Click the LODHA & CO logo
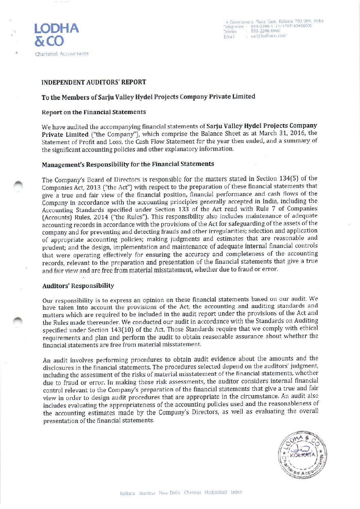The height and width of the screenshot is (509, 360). click(x=56, y=34)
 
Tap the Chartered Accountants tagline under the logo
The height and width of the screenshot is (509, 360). click(x=62, y=54)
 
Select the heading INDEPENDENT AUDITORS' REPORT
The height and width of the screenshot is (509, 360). click(x=94, y=82)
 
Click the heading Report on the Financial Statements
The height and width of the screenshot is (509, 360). click(x=94, y=112)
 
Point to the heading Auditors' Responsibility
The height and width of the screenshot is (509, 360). click(x=78, y=286)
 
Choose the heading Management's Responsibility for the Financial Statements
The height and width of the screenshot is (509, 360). click(x=128, y=164)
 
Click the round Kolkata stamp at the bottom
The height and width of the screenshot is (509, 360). click(x=302, y=454)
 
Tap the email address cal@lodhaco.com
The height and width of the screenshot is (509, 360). click(x=268, y=36)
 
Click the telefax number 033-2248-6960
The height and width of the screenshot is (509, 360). click(x=265, y=31)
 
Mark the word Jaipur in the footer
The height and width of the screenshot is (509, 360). click(x=236, y=492)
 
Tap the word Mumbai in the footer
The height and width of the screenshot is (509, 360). click(x=147, y=493)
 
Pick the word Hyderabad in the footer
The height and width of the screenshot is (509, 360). click(x=215, y=492)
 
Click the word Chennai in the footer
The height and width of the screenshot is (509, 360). click(x=192, y=493)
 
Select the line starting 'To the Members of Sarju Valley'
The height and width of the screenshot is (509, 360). click(x=148, y=97)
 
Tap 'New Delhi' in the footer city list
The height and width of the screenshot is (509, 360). click(x=169, y=493)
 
